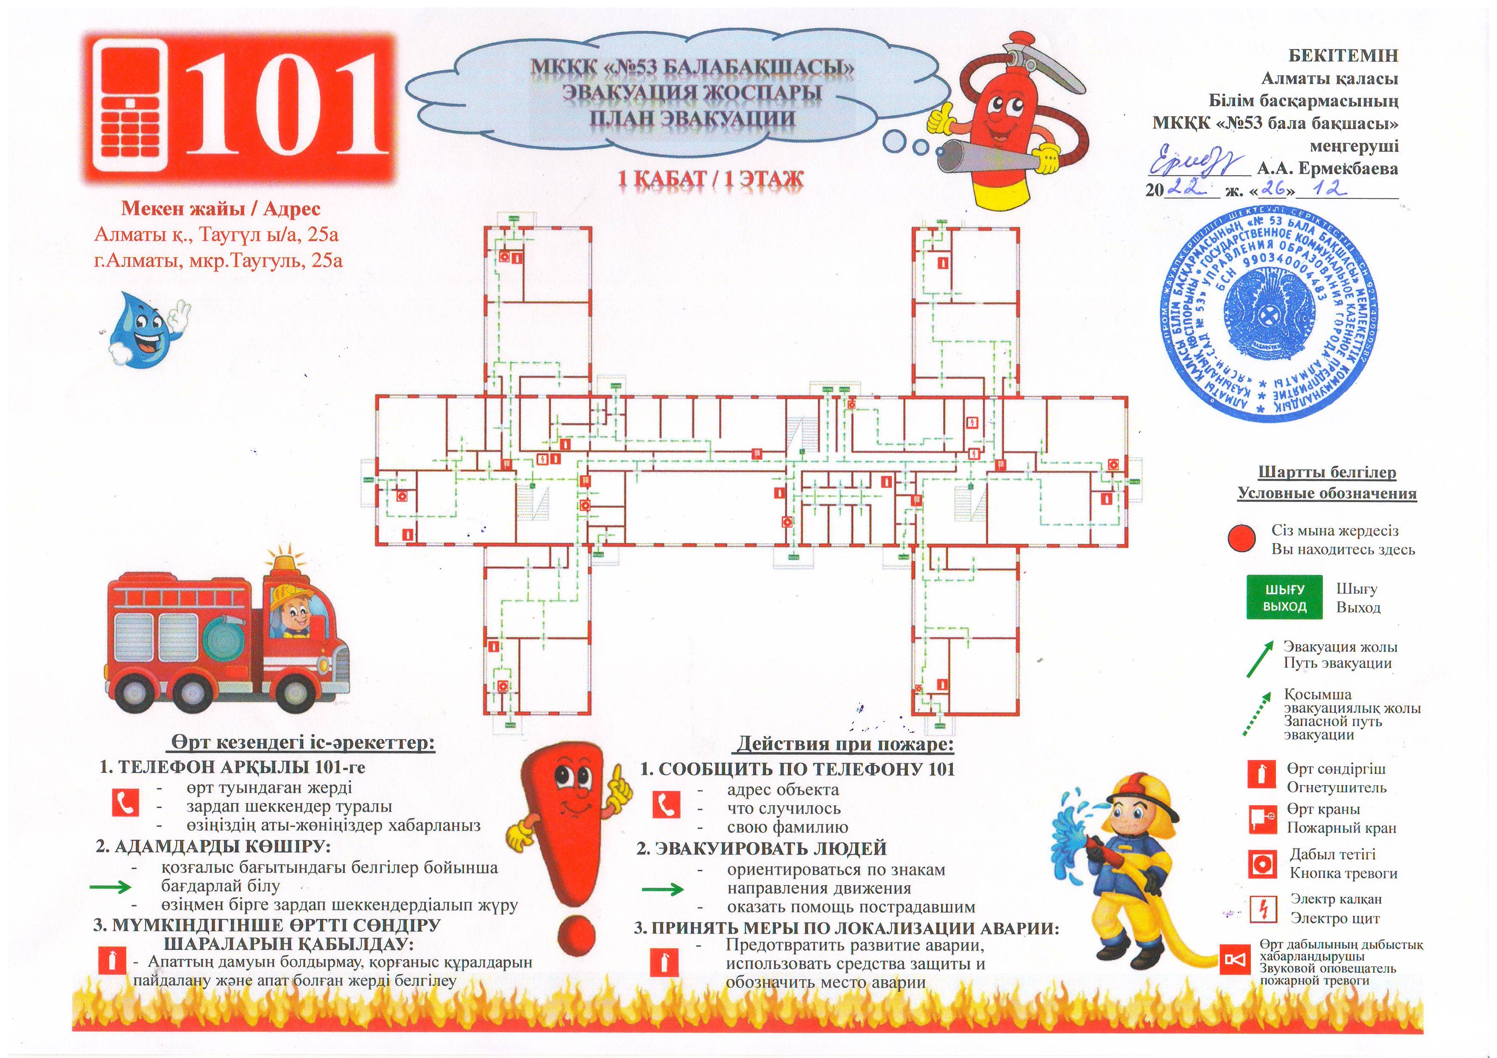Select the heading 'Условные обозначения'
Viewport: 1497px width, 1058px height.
[1327, 494]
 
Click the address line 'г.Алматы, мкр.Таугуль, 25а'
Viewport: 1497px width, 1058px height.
[218, 261]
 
